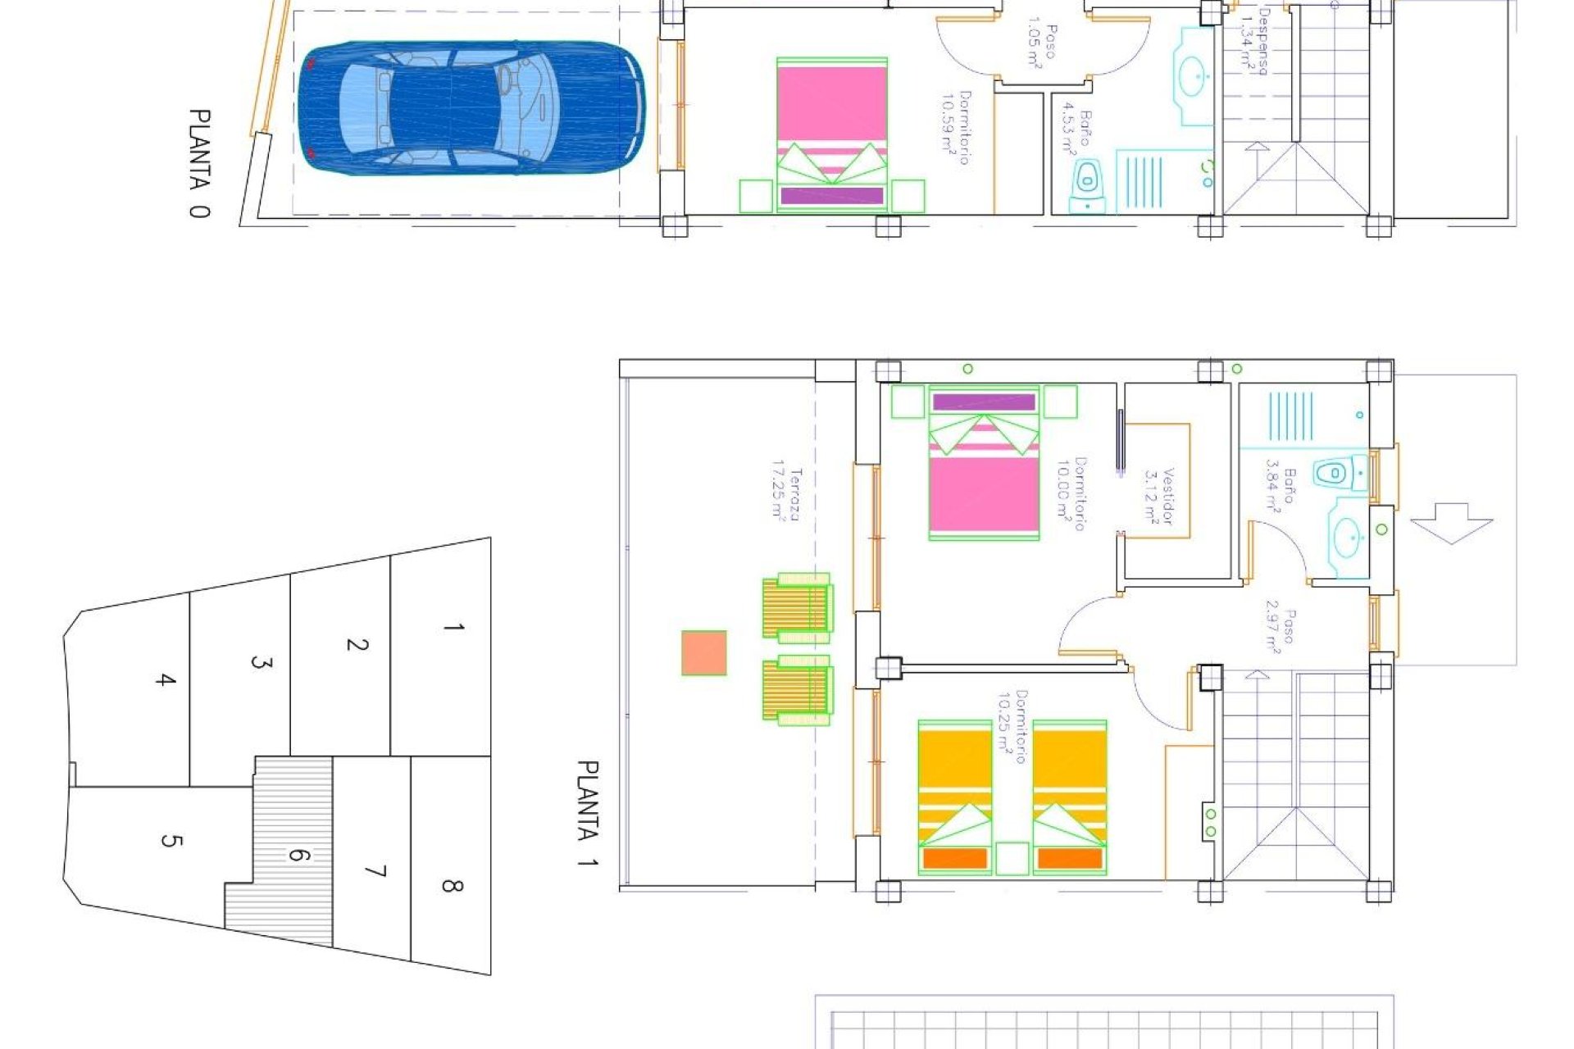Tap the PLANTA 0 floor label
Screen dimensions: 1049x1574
click(x=198, y=163)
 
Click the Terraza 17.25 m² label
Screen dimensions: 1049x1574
click(x=785, y=494)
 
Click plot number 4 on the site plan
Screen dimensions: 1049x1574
click(x=166, y=679)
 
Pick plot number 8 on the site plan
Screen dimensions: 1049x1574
click(x=452, y=886)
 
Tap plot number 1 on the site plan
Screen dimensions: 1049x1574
click(x=453, y=628)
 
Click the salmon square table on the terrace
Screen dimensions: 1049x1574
click(x=704, y=652)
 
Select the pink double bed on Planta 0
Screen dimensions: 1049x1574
click(x=831, y=134)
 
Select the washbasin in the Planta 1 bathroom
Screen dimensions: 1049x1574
click(x=1347, y=538)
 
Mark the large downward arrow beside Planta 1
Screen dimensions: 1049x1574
click(x=1451, y=522)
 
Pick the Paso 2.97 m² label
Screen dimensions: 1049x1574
click(x=1280, y=631)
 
